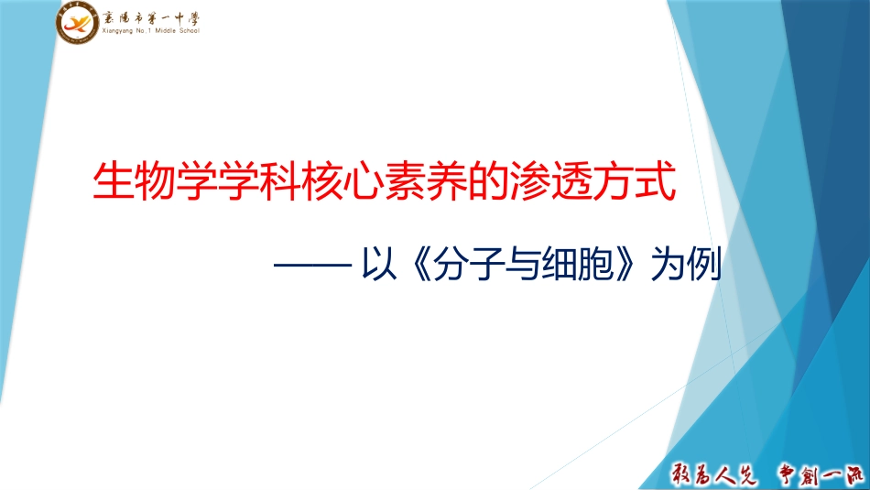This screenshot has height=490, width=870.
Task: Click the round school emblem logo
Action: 77,23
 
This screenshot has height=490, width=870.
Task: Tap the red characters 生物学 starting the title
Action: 143,180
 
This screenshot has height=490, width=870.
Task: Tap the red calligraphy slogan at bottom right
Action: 764,471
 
